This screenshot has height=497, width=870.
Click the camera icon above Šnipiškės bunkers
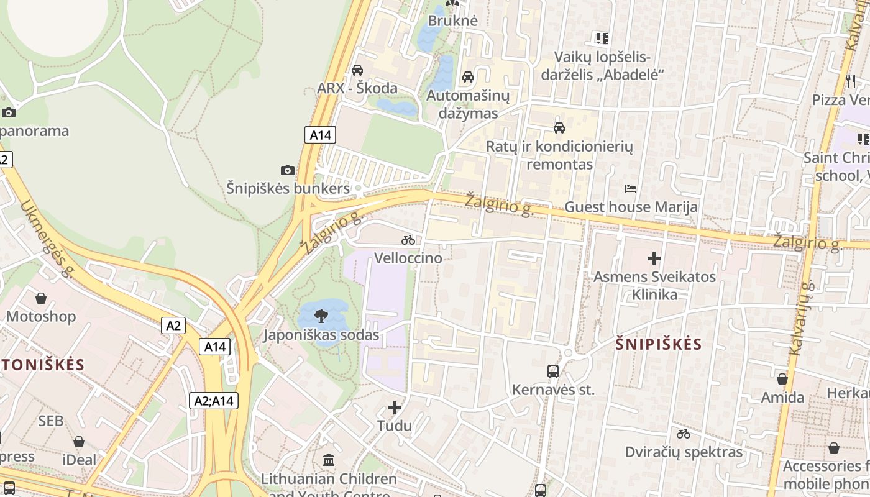click(x=287, y=170)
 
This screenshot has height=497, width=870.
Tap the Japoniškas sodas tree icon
click(x=321, y=317)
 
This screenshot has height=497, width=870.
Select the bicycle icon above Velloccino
click(x=408, y=240)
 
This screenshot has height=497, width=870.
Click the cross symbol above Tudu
click(x=395, y=408)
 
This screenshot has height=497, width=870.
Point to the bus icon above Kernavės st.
click(x=553, y=372)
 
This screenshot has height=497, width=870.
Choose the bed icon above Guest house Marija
click(x=631, y=188)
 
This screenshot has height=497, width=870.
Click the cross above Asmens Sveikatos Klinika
click(x=654, y=258)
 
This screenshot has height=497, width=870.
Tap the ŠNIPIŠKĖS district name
click(x=659, y=344)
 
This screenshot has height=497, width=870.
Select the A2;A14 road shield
click(x=214, y=401)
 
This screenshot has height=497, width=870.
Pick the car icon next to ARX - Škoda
click(x=357, y=70)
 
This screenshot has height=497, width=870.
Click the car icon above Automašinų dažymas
click(x=468, y=77)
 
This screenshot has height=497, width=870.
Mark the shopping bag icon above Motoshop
click(x=41, y=298)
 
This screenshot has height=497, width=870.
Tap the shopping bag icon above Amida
click(x=782, y=378)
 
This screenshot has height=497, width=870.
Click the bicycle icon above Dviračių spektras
click(x=684, y=434)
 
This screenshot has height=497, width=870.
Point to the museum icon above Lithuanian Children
click(x=329, y=460)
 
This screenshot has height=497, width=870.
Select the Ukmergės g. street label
click(x=47, y=238)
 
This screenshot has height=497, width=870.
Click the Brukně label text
click(x=453, y=21)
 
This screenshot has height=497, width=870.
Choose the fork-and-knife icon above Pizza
click(x=851, y=81)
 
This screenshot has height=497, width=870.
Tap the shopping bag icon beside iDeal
click(x=79, y=442)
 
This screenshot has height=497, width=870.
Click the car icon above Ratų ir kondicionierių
click(x=559, y=128)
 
